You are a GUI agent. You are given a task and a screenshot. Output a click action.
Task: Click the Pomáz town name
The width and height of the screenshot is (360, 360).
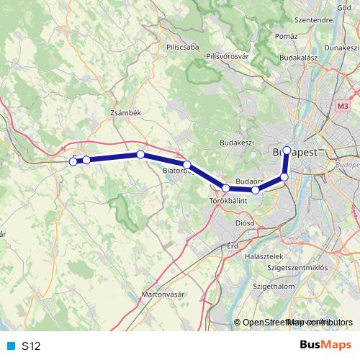(286, 35)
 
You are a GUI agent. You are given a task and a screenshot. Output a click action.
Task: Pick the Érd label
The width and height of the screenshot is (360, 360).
(232, 246)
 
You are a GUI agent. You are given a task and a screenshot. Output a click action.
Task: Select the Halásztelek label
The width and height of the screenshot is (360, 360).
(266, 256)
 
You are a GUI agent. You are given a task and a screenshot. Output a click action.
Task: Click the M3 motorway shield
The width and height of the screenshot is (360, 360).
(342, 106)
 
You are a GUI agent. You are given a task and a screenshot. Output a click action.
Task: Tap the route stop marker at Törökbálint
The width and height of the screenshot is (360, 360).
(226, 189)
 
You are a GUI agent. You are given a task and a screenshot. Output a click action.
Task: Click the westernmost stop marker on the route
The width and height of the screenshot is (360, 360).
(73, 162)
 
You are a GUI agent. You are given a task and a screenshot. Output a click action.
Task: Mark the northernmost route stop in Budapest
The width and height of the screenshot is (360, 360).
(287, 150)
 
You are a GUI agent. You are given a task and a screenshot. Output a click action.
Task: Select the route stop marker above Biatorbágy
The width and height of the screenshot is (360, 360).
(187, 165)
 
